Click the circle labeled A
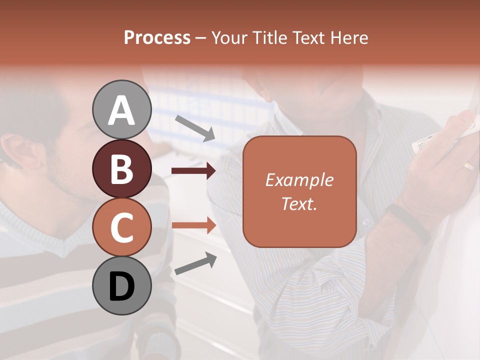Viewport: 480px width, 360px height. [x=121, y=109]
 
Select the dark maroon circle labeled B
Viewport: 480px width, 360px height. [x=121, y=169]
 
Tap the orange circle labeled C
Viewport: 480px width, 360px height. [x=121, y=227]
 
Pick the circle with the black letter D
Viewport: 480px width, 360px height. [x=121, y=286]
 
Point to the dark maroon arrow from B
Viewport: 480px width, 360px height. [x=193, y=171]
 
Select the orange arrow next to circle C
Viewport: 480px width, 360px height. [x=193, y=225]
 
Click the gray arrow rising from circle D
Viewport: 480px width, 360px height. [x=195, y=263]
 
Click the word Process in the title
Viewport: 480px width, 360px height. [x=157, y=37]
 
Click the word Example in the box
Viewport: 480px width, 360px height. [x=299, y=180]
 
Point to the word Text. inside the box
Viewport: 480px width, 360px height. [x=299, y=203]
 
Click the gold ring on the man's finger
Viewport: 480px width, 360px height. [x=469, y=166]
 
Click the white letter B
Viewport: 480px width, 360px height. [x=121, y=169]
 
